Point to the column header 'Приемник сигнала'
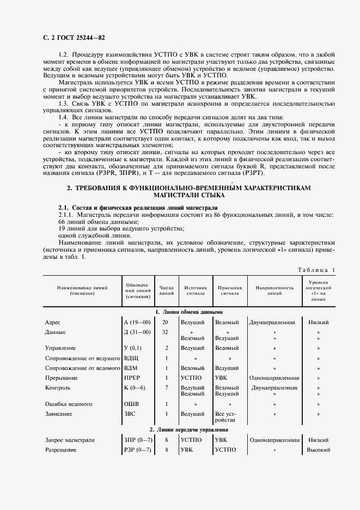point(230,290)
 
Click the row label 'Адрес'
point(53,323)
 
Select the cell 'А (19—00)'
point(137,323)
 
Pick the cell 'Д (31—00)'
point(137,332)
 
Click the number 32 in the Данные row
point(166,332)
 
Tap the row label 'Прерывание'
point(61,378)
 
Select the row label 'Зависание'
point(58,414)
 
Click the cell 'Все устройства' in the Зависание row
point(226,417)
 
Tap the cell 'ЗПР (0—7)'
point(138,440)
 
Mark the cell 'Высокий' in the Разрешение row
point(319,450)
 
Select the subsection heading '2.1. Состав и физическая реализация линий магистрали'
point(138,208)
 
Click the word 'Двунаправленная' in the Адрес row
point(272,323)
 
